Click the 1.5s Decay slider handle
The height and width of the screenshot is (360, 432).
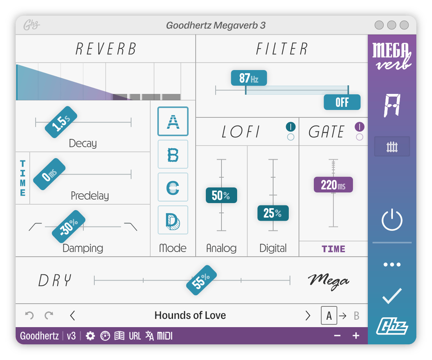click(61, 122)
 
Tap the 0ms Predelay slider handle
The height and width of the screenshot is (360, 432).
click(49, 174)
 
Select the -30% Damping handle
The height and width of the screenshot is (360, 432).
click(69, 226)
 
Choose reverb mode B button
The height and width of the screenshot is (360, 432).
click(173, 155)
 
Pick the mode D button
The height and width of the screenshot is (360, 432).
click(173, 220)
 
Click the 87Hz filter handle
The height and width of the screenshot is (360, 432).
click(248, 78)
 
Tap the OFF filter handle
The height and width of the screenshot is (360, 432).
click(342, 103)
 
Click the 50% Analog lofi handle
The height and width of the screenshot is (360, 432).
click(221, 195)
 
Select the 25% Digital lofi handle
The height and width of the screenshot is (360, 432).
click(273, 213)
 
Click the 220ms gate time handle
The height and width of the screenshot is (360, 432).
click(333, 185)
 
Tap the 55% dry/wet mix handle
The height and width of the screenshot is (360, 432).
click(202, 280)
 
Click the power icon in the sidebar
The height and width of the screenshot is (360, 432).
click(392, 220)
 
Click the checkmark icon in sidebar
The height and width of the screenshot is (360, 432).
click(392, 296)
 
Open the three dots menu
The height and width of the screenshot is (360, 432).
click(392, 265)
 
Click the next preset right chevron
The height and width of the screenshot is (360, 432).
click(308, 315)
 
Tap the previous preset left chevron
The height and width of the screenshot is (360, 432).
click(72, 315)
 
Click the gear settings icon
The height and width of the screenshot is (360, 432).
click(90, 336)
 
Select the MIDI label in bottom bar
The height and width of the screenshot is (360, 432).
click(164, 336)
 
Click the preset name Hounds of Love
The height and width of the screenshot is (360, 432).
click(190, 315)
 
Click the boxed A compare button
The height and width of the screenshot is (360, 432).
click(329, 315)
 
